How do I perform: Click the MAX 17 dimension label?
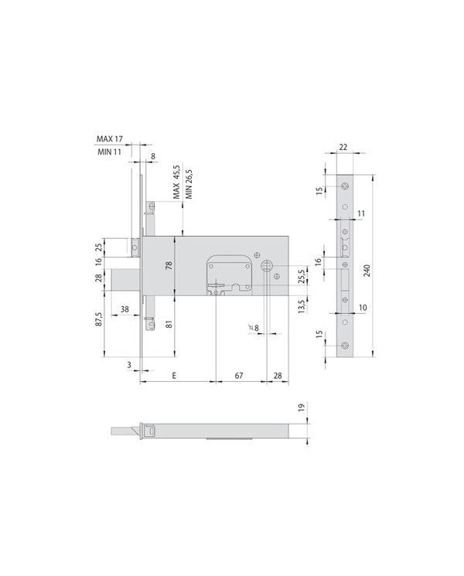click(x=109, y=139)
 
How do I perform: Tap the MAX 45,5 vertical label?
click(x=176, y=182)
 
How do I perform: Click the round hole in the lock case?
click(x=267, y=266)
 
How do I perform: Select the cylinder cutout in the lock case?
click(x=229, y=276)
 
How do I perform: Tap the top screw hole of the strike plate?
click(x=344, y=183)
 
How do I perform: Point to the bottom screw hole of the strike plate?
click(x=344, y=346)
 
